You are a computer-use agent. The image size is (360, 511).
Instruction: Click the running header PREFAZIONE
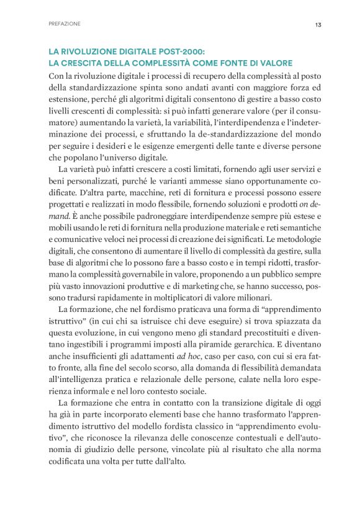64,24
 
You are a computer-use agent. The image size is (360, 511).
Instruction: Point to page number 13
317,24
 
